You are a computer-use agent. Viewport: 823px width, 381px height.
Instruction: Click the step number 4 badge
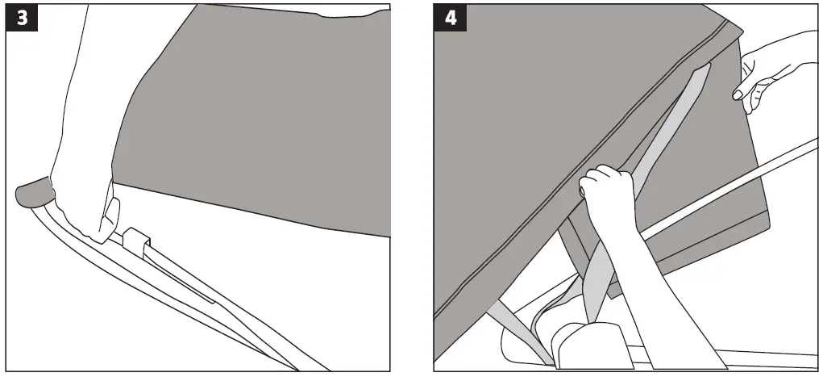(x=450, y=18)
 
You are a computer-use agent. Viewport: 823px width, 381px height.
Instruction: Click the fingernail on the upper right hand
(x=738, y=95)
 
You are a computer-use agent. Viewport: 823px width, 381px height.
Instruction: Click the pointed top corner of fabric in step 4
(x=738, y=24)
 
